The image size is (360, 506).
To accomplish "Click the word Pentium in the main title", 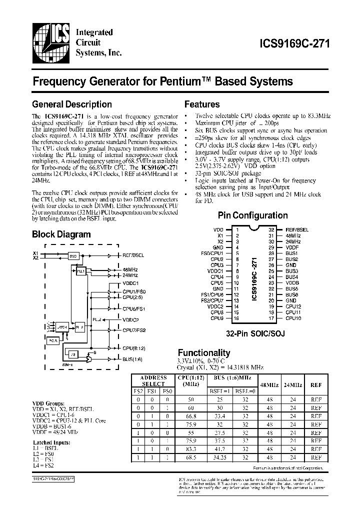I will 183,81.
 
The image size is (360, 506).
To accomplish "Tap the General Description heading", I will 72,104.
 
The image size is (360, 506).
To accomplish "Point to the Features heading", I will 202,104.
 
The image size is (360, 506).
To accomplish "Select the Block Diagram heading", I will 61,234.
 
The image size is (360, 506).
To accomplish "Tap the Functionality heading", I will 204,353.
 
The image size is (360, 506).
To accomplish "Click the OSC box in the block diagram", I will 73,255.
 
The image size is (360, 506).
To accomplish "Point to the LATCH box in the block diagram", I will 63,326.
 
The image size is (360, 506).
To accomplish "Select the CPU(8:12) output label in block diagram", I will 133,347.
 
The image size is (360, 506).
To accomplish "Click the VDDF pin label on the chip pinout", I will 291,247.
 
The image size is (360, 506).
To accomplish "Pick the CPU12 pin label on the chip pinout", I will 293,305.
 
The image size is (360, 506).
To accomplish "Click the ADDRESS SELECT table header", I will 153,380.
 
